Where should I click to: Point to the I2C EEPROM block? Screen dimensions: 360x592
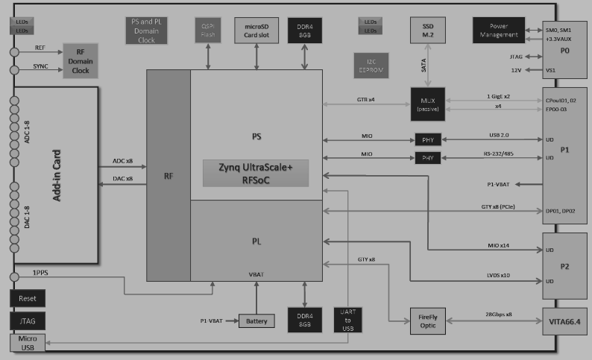(x=371, y=66)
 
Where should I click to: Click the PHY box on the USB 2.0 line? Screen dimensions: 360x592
(x=428, y=139)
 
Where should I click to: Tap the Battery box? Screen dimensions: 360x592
(x=256, y=321)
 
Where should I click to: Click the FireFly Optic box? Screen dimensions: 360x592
(x=427, y=319)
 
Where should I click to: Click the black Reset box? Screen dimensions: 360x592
(x=27, y=298)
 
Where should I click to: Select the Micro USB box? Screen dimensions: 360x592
(x=27, y=343)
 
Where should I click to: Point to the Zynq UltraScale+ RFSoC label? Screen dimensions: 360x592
(x=255, y=173)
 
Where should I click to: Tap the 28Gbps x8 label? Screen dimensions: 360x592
(x=498, y=315)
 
